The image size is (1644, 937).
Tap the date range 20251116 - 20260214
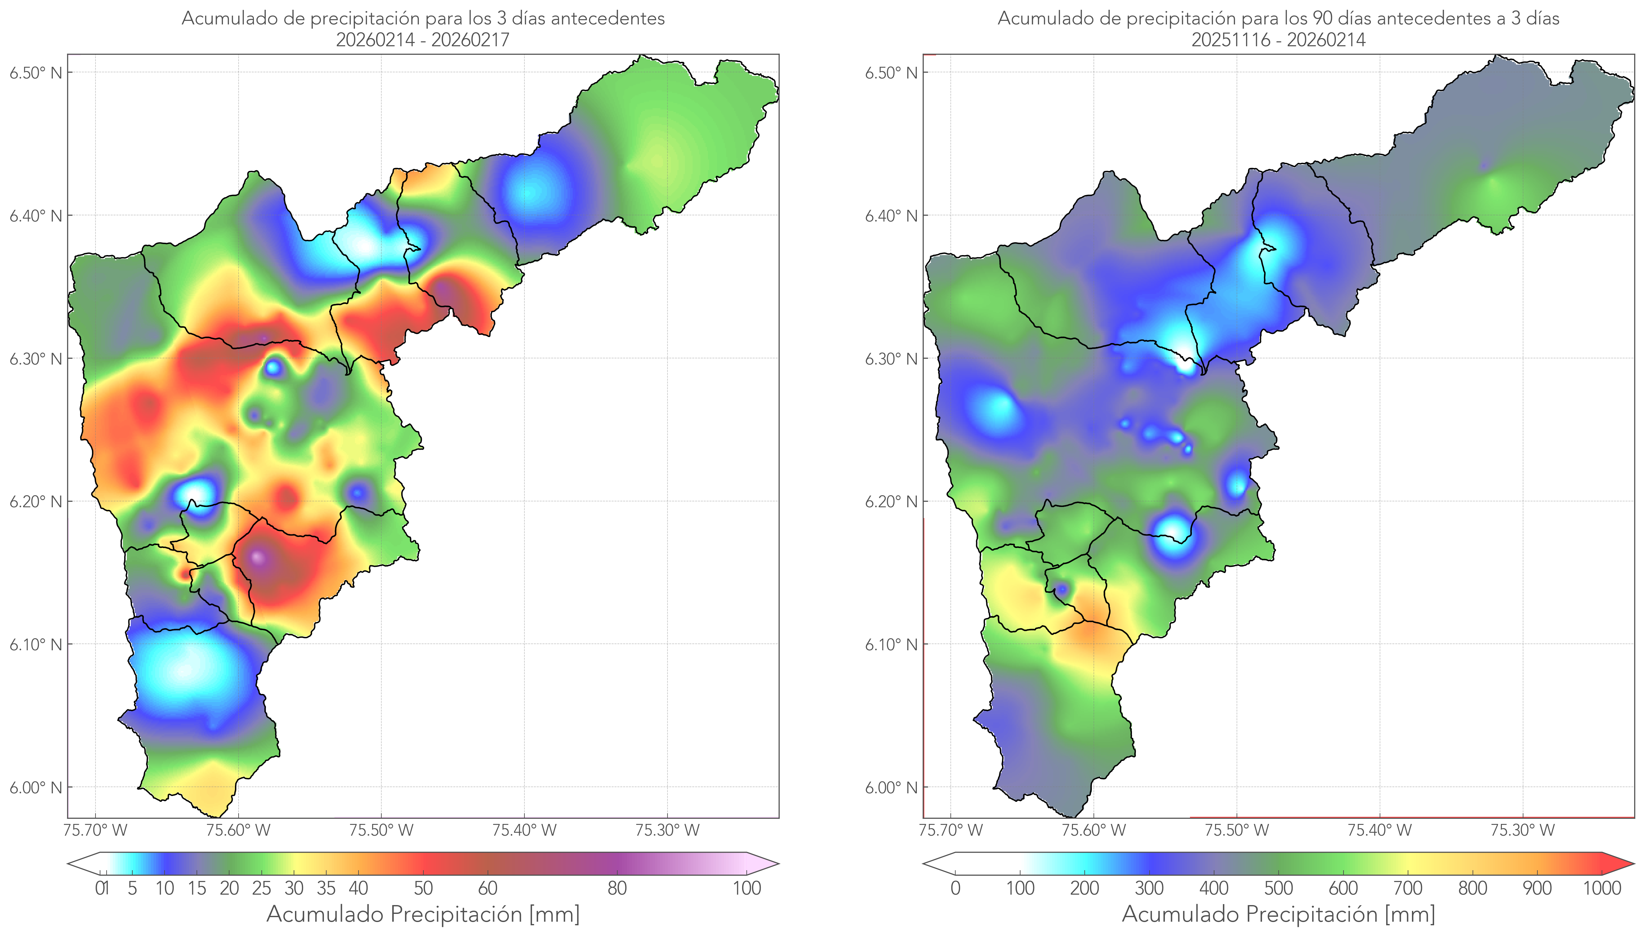coord(1278,40)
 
